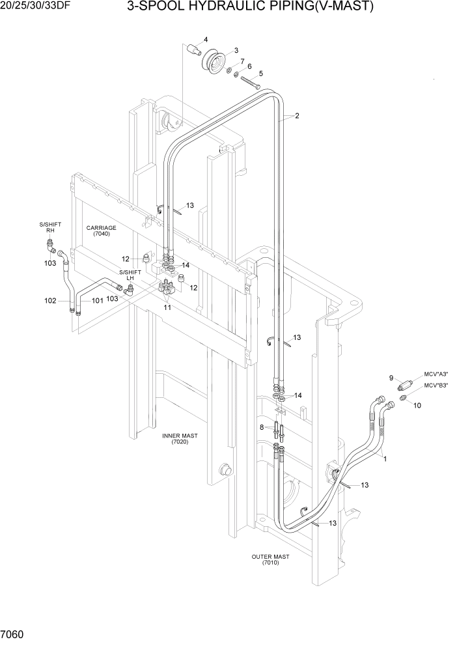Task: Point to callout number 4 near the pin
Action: [x=206, y=40]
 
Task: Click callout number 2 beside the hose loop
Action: [x=297, y=117]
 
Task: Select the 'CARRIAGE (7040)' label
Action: [x=101, y=231]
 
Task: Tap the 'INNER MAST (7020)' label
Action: [x=180, y=439]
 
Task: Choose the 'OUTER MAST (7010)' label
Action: [x=271, y=560]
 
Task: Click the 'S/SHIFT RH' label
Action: [x=50, y=227]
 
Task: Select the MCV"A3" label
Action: [x=436, y=374]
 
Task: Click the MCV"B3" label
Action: [x=436, y=385]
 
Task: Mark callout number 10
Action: [x=417, y=406]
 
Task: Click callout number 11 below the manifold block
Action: [x=167, y=307]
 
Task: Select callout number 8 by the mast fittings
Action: [x=262, y=427]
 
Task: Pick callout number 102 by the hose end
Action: [x=50, y=301]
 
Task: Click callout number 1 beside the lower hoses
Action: [x=385, y=458]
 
